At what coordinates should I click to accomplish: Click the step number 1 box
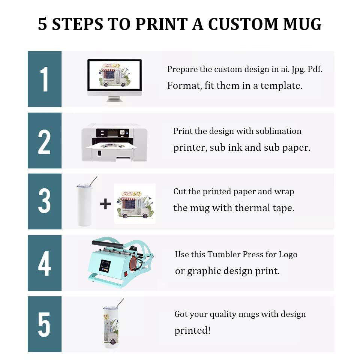pyautogui.click(x=44, y=79)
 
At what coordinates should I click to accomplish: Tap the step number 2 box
pyautogui.click(x=44, y=141)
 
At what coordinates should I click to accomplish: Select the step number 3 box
pyautogui.click(x=44, y=201)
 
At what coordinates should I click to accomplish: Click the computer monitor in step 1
pyautogui.click(x=114, y=77)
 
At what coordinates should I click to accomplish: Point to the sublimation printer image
pyautogui.click(x=114, y=142)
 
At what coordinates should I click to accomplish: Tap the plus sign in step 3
pyautogui.click(x=105, y=204)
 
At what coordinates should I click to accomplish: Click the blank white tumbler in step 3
pyautogui.click(x=84, y=204)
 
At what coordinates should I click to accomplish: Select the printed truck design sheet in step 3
pyautogui.click(x=135, y=204)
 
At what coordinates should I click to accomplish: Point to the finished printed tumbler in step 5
pyautogui.click(x=111, y=325)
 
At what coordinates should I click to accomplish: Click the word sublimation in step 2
pyautogui.click(x=279, y=131)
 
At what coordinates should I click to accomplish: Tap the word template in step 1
pyautogui.click(x=281, y=86)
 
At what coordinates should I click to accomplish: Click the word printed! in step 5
pyautogui.click(x=192, y=331)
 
